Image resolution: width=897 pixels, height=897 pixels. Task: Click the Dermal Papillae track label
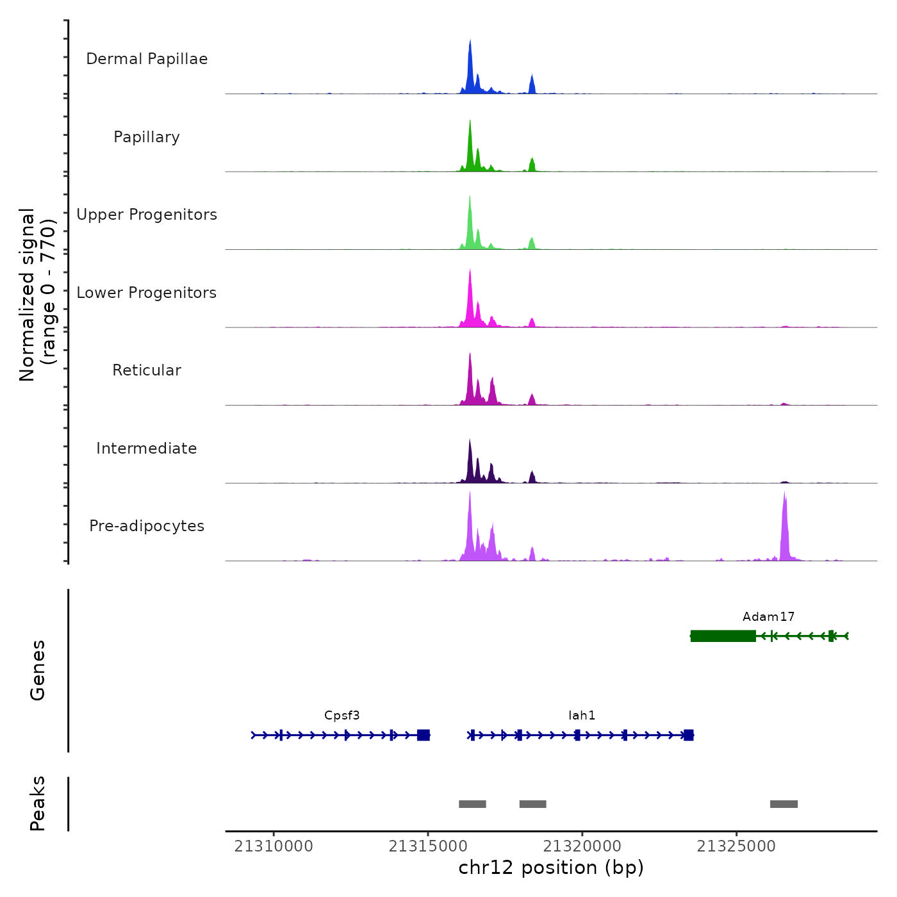tap(147, 59)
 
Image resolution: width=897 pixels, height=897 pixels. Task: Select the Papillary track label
tap(147, 137)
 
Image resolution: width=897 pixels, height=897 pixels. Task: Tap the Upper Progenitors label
tap(147, 215)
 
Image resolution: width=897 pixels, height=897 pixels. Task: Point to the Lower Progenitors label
tap(147, 293)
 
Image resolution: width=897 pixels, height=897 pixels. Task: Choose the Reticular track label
tap(147, 370)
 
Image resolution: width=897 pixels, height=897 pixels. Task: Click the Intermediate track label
tap(147, 448)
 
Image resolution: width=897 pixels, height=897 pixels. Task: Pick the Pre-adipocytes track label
tap(147, 526)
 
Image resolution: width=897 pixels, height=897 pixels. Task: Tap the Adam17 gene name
tap(768, 617)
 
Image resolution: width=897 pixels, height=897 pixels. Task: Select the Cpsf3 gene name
tap(342, 716)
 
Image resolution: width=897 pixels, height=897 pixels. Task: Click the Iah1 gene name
tap(582, 716)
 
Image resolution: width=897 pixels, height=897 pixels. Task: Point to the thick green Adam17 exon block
tap(723, 636)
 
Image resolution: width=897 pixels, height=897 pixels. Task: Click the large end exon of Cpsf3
tap(423, 735)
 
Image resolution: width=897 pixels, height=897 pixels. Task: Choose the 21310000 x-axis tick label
tap(274, 846)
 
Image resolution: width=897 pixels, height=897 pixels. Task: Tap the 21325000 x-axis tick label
tap(736, 846)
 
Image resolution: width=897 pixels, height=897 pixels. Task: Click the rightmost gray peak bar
tap(784, 804)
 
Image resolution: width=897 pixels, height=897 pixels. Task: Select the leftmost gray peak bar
tap(472, 804)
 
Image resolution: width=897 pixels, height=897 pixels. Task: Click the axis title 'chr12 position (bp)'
tap(551, 868)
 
